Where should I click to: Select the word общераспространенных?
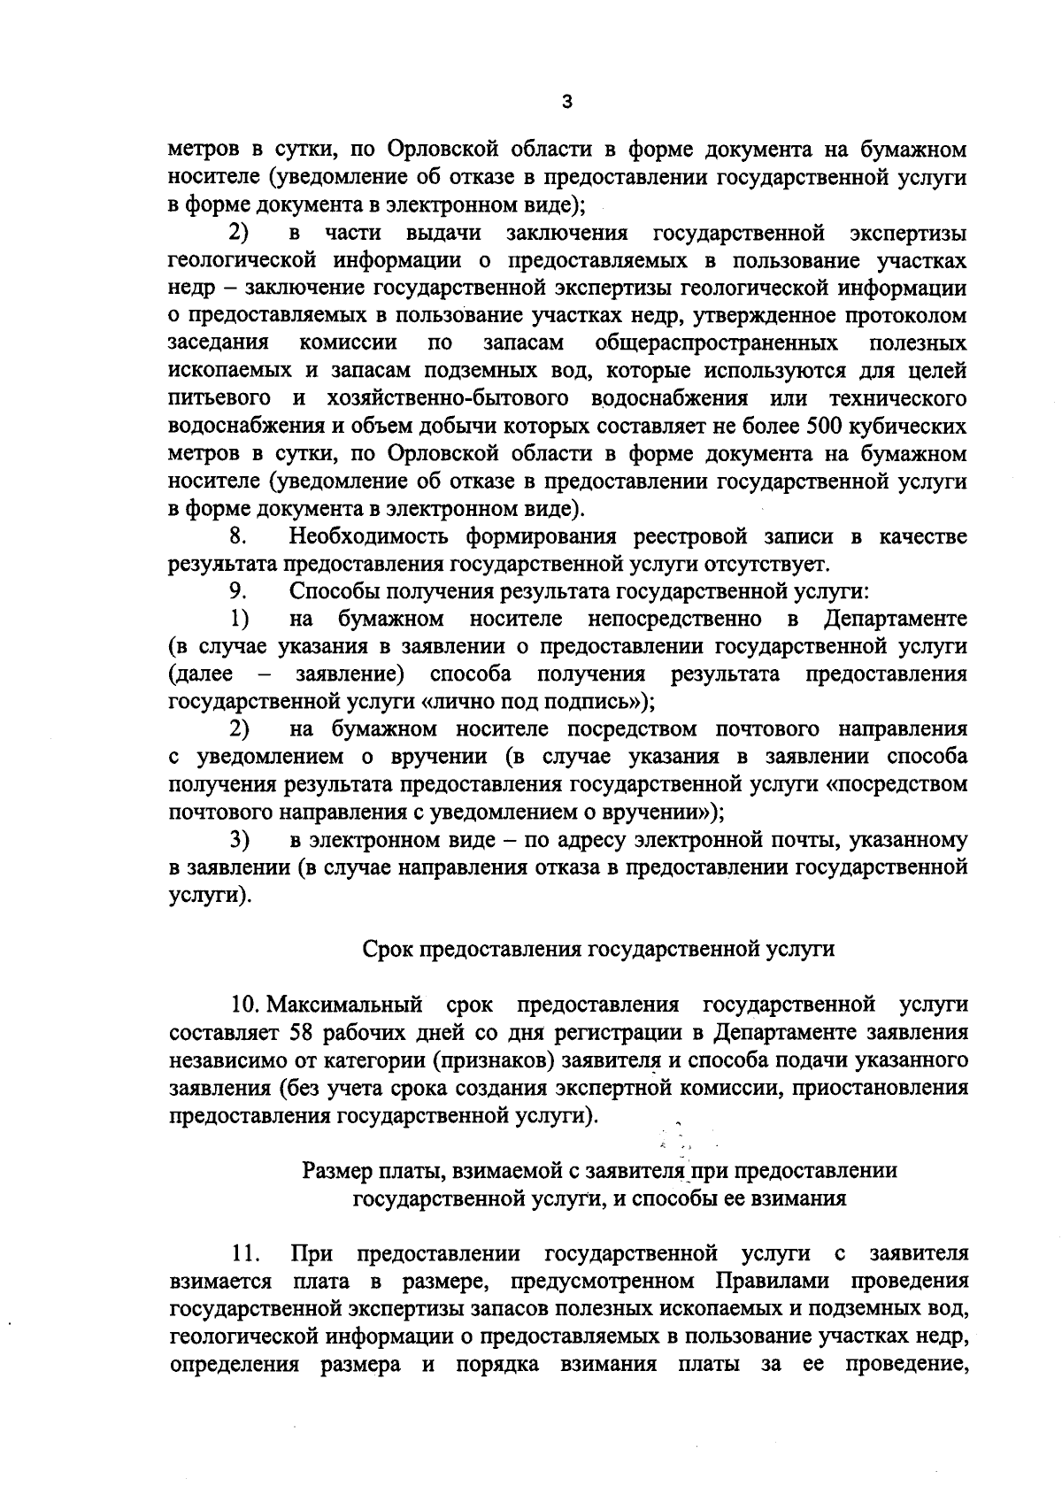point(718,343)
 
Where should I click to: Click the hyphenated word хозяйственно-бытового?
point(435,398)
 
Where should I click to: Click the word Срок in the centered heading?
point(387,949)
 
